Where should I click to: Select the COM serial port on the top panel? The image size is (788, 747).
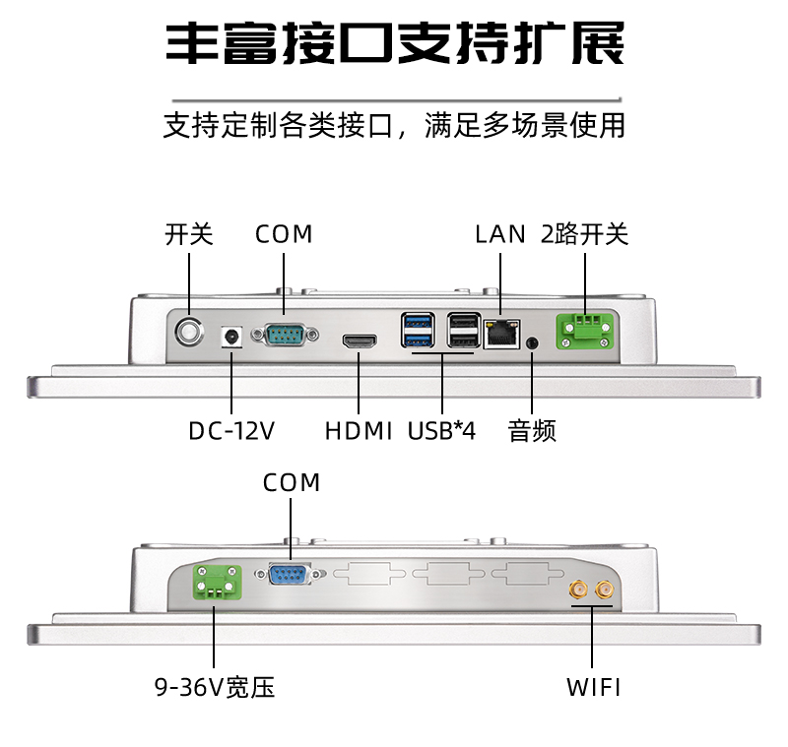[x=285, y=336]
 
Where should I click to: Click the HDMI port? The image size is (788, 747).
[x=359, y=342]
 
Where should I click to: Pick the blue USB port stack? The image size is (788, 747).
[x=418, y=331]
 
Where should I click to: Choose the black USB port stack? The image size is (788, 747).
[x=462, y=331]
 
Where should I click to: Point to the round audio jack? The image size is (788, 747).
[x=533, y=343]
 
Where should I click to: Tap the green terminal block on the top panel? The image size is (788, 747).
[x=585, y=330]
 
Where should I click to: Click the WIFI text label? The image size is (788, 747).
[x=593, y=687]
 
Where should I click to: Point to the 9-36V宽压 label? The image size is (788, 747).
[x=214, y=687]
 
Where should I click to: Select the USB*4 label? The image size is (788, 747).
[x=441, y=431]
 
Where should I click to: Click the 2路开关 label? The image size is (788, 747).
[x=584, y=234]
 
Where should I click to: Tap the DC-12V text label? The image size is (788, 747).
[x=231, y=431]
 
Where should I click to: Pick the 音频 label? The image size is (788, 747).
[x=533, y=431]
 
